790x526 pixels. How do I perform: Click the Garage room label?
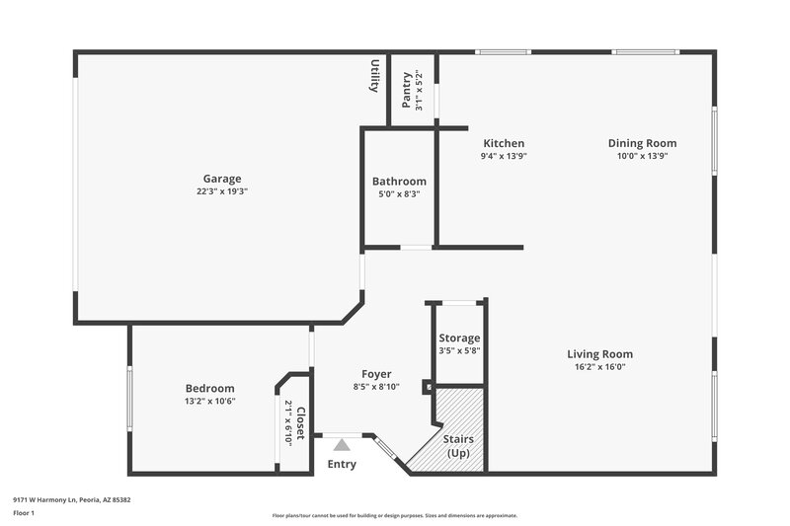[x=222, y=179]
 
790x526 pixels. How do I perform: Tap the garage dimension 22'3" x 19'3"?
[x=222, y=191]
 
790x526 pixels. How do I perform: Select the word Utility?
[x=375, y=76]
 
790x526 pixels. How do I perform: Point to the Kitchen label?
[x=504, y=143]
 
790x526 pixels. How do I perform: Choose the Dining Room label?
[x=642, y=143]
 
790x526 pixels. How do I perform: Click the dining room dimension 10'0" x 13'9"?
[x=642, y=156]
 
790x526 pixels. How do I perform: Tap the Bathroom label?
[x=399, y=182]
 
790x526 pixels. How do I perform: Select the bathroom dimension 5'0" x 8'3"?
[x=399, y=194]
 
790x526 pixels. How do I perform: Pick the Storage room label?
[x=459, y=338]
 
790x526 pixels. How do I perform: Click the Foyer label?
[x=376, y=374]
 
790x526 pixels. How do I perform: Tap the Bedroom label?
[x=210, y=388]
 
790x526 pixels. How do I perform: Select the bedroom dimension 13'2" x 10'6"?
[x=210, y=401]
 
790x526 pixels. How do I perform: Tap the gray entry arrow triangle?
[x=342, y=445]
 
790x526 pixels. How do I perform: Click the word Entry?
[x=342, y=464]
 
